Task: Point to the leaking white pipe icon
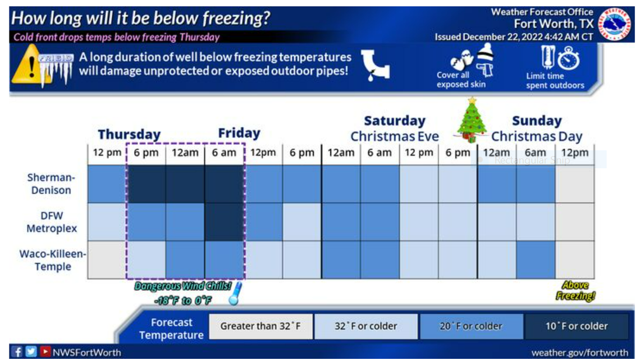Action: [x=375, y=65]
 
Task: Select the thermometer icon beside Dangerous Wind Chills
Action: [x=235, y=293]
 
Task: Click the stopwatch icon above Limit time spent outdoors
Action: [x=569, y=58]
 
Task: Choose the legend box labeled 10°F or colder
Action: [x=576, y=326]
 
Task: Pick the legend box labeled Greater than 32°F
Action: [x=260, y=326]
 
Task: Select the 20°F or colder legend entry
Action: [x=470, y=326]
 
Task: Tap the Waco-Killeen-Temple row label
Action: [x=53, y=260]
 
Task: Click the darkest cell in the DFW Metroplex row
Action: [x=225, y=222]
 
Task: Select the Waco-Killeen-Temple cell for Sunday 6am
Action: [x=535, y=260]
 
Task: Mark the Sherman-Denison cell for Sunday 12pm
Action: [x=574, y=184]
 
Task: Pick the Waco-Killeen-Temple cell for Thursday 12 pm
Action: [x=107, y=260]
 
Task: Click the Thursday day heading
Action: [x=129, y=135]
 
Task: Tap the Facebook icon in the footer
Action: [x=17, y=353]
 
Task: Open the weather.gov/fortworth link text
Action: [x=579, y=353]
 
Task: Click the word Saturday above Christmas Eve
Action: [x=395, y=121]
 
